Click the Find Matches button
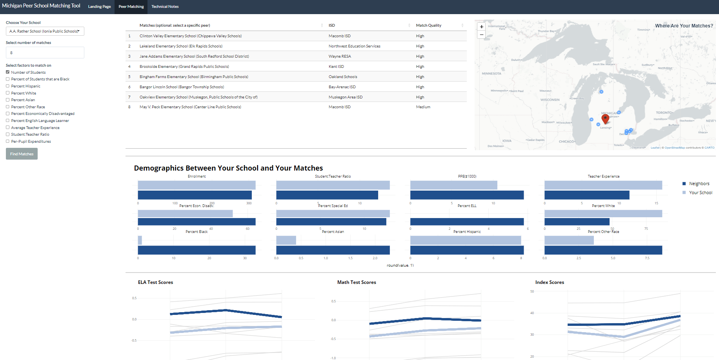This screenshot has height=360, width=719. coord(22,154)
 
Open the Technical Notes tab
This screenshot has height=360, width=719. coord(165,7)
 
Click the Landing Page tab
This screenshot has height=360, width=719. coord(99,7)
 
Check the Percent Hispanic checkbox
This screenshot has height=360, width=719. coord(7,86)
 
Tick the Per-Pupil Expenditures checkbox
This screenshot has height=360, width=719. coord(7,141)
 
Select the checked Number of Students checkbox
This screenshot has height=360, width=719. coord(7,72)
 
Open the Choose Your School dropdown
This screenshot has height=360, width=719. coord(45,31)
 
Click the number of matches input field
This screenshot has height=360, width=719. coord(45,53)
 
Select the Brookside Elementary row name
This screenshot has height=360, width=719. coord(184,67)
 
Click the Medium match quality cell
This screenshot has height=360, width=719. coord(423,107)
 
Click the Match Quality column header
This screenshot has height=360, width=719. coord(428,25)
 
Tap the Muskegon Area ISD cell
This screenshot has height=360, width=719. coord(345,97)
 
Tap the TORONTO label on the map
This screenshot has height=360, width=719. coord(664,113)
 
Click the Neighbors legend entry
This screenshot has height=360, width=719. coord(699,184)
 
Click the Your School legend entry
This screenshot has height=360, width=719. coord(700,193)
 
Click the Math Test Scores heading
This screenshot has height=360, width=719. coord(356,282)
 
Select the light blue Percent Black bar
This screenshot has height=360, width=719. coord(140,240)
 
